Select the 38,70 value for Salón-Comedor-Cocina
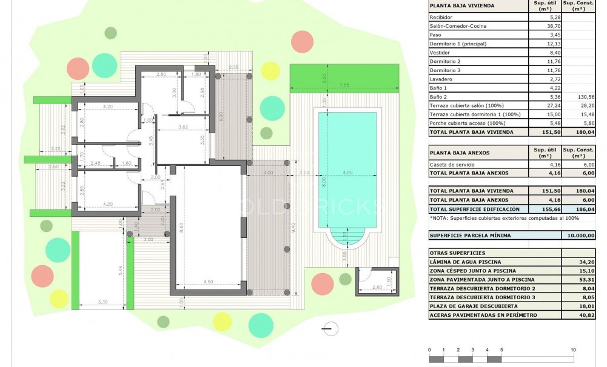click(542, 26)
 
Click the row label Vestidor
click(441, 53)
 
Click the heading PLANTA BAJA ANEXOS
click(460, 153)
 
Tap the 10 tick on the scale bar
click(573, 350)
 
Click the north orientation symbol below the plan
click(331, 329)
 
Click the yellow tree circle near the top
click(270, 70)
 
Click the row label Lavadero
click(441, 79)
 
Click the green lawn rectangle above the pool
click(344, 75)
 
